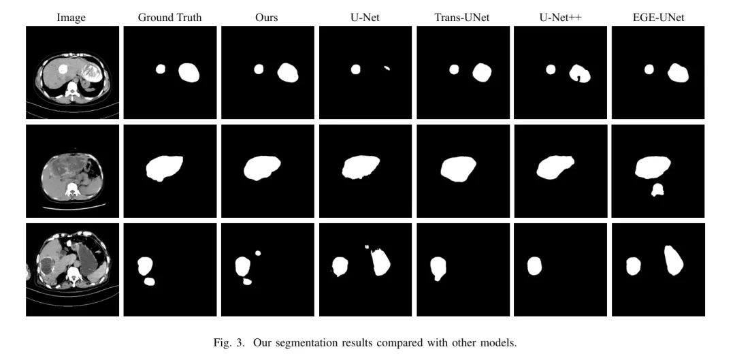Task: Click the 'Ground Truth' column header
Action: (169, 18)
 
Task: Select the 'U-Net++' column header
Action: (560, 18)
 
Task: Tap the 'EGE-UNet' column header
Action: (658, 18)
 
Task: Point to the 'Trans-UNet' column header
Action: (462, 18)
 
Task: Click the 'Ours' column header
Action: (267, 18)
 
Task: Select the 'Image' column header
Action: (71, 18)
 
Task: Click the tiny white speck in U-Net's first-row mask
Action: (387, 69)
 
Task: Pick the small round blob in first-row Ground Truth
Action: (161, 69)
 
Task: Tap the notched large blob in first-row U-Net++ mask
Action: (580, 73)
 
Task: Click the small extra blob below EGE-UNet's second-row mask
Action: (658, 189)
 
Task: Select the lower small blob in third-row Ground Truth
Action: (150, 281)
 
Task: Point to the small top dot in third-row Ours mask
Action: (258, 253)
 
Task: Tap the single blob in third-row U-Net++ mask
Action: (534, 266)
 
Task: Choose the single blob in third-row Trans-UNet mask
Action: (438, 267)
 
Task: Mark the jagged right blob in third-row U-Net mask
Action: (380, 262)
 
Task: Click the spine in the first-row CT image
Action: (72, 91)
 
